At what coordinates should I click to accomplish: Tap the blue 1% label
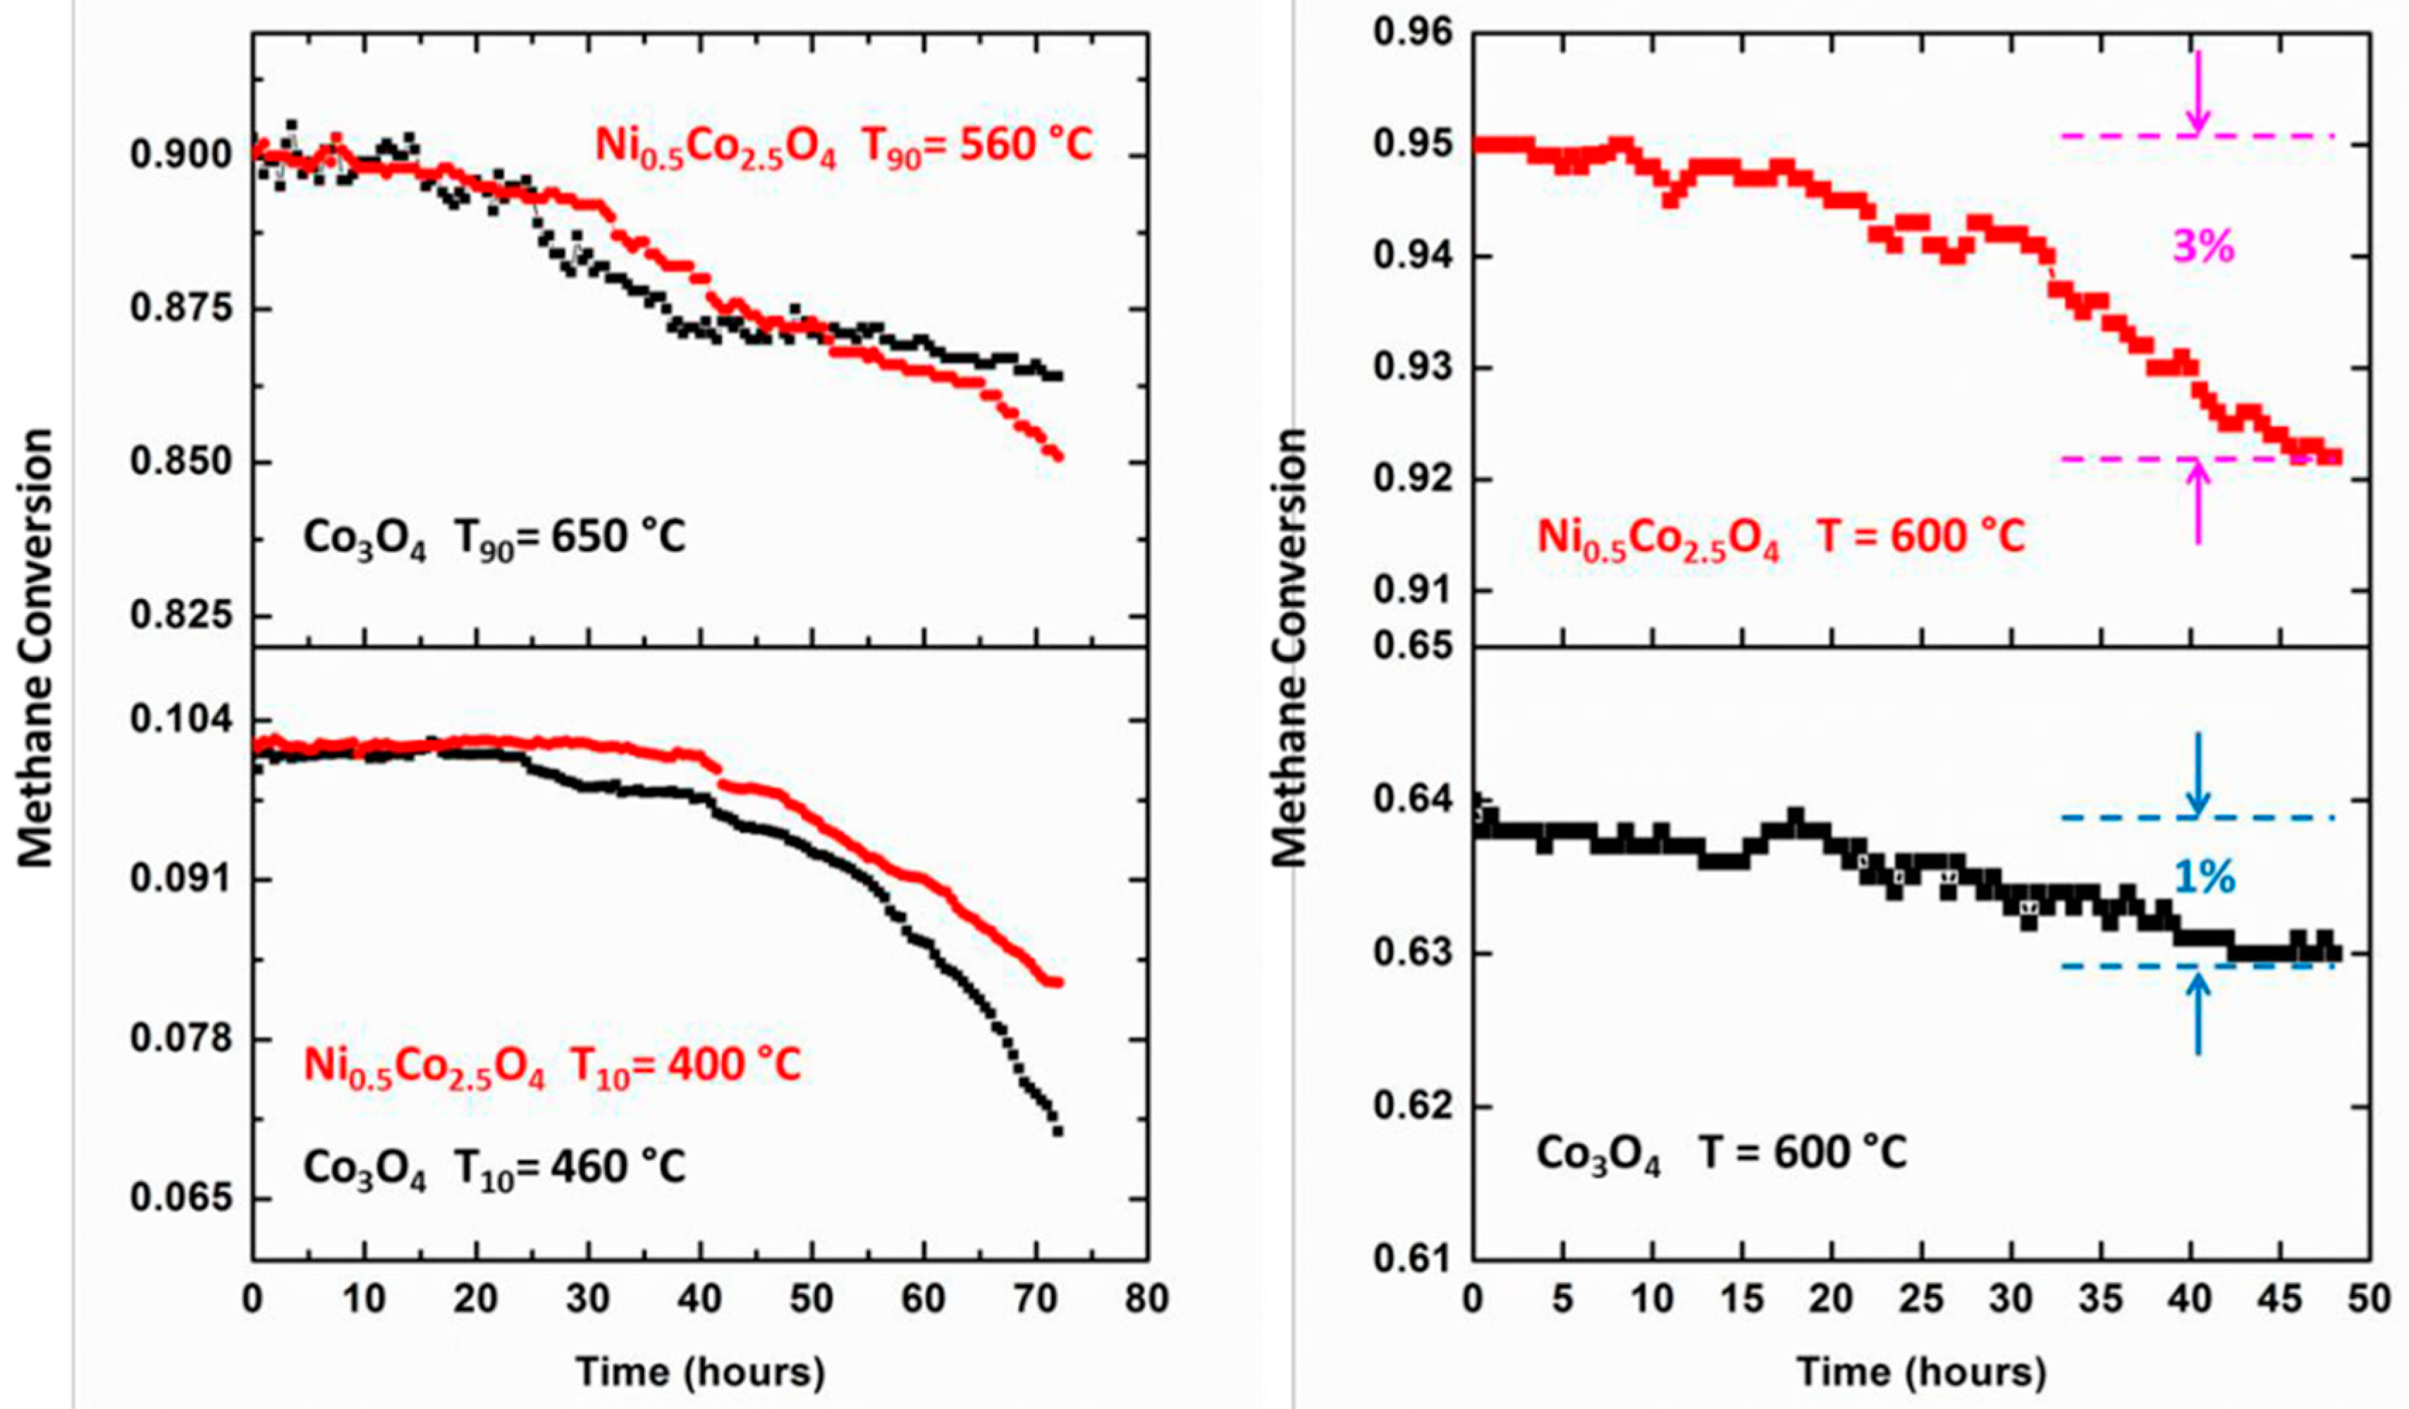[2205, 877]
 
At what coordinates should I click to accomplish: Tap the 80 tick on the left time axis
[1146, 1299]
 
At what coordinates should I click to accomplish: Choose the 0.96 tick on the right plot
[1412, 33]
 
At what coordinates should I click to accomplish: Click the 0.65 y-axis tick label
[1412, 647]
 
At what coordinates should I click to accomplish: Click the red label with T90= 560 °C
[843, 146]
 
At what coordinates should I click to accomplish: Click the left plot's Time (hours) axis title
[700, 1372]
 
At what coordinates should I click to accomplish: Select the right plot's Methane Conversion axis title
[1291, 647]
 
